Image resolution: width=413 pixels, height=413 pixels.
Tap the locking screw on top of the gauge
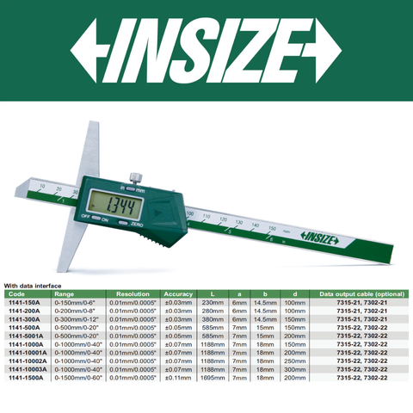(136, 178)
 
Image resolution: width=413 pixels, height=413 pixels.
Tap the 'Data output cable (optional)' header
(360, 294)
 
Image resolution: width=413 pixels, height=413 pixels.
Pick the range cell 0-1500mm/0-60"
(76, 376)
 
